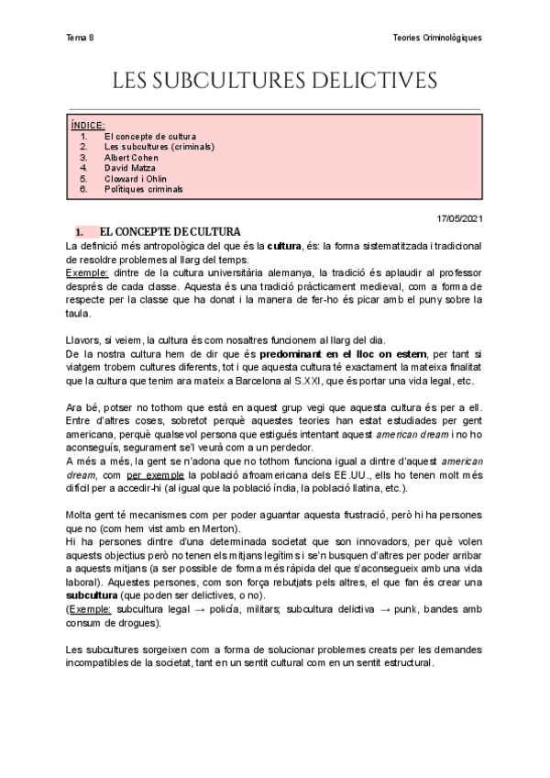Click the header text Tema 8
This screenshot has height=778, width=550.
pyautogui.click(x=80, y=38)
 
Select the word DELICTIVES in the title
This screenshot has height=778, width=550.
pyautogui.click(x=379, y=82)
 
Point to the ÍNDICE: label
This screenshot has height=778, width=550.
pyautogui.click(x=88, y=125)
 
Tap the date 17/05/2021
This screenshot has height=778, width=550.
pyautogui.click(x=458, y=217)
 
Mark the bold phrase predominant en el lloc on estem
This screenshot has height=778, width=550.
pyautogui.click(x=335, y=352)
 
